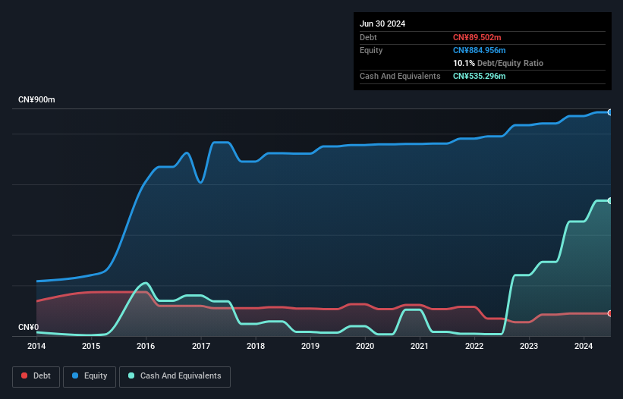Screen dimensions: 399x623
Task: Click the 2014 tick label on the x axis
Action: tap(36, 346)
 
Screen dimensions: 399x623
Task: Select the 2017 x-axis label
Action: tap(201, 346)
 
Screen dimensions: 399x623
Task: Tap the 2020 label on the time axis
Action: tap(365, 346)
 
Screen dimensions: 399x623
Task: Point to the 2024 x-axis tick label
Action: tap(584, 346)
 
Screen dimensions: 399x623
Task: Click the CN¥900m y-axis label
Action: tap(36, 100)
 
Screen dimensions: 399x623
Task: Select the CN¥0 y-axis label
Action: tap(28, 327)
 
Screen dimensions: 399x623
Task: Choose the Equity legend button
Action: tap(90, 375)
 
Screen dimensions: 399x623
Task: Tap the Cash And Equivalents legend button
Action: tap(175, 375)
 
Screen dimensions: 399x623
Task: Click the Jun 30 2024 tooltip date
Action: tap(382, 24)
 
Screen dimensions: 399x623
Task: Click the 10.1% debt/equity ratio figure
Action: tap(463, 63)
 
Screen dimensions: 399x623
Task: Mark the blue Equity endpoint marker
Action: tap(610, 112)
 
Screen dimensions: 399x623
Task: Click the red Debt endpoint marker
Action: tap(610, 313)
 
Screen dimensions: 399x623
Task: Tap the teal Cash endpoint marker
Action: tap(610, 200)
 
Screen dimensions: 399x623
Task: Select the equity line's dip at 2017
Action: tap(200, 182)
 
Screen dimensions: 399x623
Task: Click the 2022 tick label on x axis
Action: tap(474, 346)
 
